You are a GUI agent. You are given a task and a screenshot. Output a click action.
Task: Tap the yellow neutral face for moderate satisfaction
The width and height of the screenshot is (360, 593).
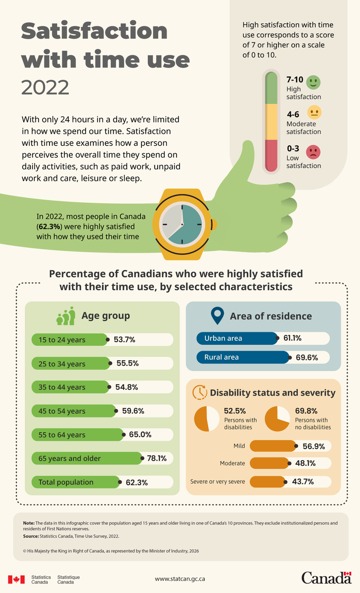coord(315,112)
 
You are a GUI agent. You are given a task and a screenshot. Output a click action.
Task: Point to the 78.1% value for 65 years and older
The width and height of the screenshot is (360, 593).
coord(157,458)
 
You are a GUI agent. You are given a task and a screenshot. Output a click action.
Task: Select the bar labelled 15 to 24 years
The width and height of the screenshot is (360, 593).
coord(70,340)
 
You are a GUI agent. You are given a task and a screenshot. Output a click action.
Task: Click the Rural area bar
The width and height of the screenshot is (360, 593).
coord(243,357)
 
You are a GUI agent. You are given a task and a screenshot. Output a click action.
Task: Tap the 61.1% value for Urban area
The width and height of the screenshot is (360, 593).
coord(293,338)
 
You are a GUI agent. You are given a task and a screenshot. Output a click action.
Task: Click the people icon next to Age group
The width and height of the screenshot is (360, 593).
coord(66,316)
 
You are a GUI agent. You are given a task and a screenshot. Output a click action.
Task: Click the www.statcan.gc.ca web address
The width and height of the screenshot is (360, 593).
coord(180,579)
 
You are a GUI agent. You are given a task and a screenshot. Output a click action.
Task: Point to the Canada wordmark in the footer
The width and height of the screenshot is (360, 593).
coord(326,578)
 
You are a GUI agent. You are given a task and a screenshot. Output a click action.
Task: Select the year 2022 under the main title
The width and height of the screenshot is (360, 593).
coord(45,88)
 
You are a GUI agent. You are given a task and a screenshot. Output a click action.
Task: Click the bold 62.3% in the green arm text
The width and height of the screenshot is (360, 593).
coord(49,227)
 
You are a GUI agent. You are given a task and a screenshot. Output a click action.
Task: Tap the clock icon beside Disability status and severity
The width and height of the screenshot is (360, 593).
coord(199,392)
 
